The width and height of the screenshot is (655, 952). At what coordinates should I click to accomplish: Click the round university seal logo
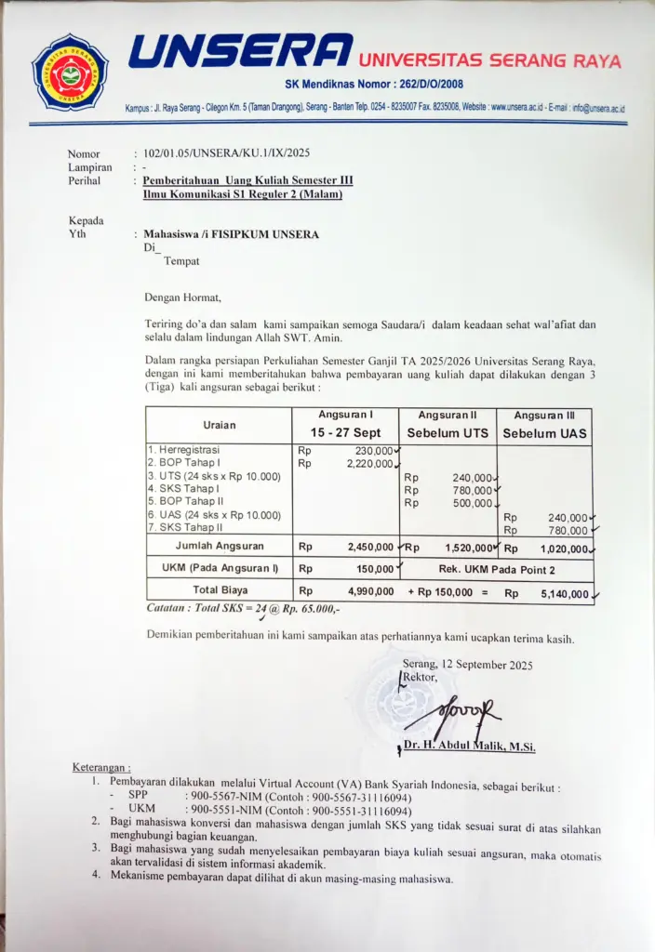[x=70, y=72]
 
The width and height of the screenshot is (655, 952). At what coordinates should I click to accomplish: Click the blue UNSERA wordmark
[x=240, y=52]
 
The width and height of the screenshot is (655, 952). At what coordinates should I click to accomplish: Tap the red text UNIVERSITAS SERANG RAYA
[x=489, y=60]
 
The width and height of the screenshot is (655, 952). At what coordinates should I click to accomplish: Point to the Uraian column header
[x=220, y=425]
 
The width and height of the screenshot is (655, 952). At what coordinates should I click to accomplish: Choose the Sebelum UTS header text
[x=448, y=433]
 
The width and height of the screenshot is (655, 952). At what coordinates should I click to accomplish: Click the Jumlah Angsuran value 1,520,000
[x=468, y=548]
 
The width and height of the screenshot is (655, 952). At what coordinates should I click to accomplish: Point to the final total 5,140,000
[x=564, y=593]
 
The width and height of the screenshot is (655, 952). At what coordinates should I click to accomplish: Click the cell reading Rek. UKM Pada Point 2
[x=496, y=568]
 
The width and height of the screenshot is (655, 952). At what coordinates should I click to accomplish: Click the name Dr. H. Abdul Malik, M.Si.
[x=470, y=747]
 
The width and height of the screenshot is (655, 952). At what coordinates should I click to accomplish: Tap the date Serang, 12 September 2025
[x=467, y=664]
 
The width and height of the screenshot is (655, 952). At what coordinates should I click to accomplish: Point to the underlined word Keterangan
[x=101, y=767]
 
